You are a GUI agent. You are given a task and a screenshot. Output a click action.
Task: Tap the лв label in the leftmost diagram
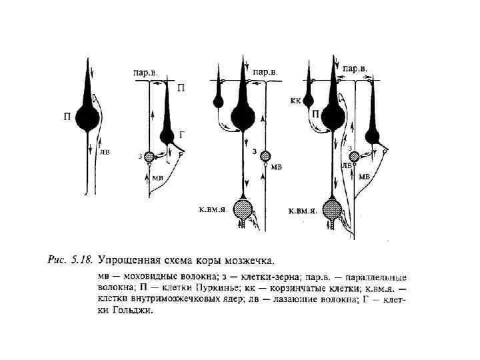point(105,151)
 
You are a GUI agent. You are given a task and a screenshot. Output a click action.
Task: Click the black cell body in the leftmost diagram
point(87,118)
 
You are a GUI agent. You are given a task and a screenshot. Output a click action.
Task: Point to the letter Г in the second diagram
point(182,134)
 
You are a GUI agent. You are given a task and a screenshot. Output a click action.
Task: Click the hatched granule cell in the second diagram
point(149,157)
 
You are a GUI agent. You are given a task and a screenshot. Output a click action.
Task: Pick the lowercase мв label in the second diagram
point(157,177)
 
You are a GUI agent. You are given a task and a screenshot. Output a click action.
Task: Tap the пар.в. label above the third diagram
point(265,70)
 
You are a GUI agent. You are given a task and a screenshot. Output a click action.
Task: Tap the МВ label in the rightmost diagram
point(365,177)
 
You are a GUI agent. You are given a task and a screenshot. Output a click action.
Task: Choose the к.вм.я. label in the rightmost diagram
point(301,210)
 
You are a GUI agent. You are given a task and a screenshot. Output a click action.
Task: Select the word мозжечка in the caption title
point(250,258)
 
